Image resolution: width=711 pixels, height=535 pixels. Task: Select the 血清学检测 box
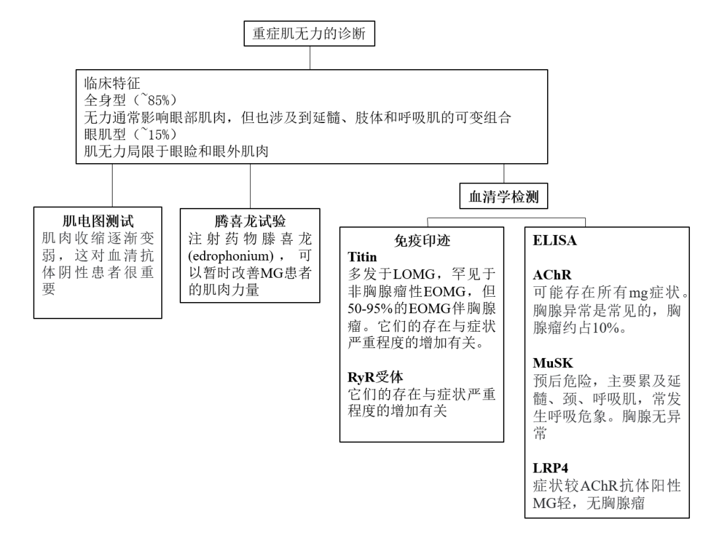[x=504, y=196]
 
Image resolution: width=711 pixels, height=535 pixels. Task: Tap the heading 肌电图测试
[x=98, y=220]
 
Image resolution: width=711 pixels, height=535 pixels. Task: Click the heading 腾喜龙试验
[x=250, y=220]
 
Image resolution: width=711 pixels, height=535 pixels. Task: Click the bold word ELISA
[x=554, y=241]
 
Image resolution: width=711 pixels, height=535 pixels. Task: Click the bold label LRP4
[x=548, y=467]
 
